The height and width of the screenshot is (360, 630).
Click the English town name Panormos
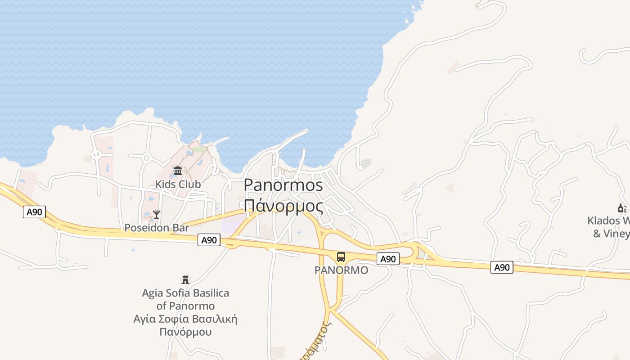[283, 185]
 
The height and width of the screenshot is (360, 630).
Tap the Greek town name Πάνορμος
[283, 206]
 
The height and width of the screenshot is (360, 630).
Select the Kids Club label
[178, 184]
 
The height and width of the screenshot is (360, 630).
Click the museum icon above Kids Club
[178, 171]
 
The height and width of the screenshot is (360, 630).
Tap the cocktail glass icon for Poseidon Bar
[156, 215]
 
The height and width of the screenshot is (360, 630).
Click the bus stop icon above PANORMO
[341, 257]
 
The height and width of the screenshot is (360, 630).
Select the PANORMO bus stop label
[341, 270]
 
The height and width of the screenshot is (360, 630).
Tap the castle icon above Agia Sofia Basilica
[185, 280]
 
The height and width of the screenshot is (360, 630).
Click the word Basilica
[208, 293]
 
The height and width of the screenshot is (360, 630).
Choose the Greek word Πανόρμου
[185, 333]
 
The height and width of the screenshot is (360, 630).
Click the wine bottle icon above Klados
[622, 208]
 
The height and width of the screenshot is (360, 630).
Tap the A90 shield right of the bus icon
[388, 259]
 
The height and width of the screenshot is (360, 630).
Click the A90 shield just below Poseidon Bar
[209, 240]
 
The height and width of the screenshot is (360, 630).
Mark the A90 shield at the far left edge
[35, 212]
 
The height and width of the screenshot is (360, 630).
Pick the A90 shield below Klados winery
[502, 267]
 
